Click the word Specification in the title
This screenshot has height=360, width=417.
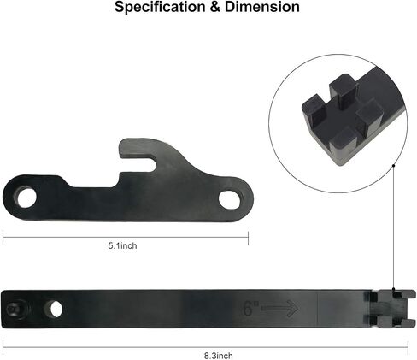(160, 7)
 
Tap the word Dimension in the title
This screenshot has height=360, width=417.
(262, 7)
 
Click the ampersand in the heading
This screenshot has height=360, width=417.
(215, 7)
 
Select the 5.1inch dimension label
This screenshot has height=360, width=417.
(122, 245)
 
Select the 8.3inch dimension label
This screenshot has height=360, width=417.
(219, 356)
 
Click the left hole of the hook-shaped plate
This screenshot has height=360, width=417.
(26, 197)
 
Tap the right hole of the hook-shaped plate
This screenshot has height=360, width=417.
(230, 199)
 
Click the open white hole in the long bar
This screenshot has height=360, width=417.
(56, 309)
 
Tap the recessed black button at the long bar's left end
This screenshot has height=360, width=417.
(15, 309)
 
